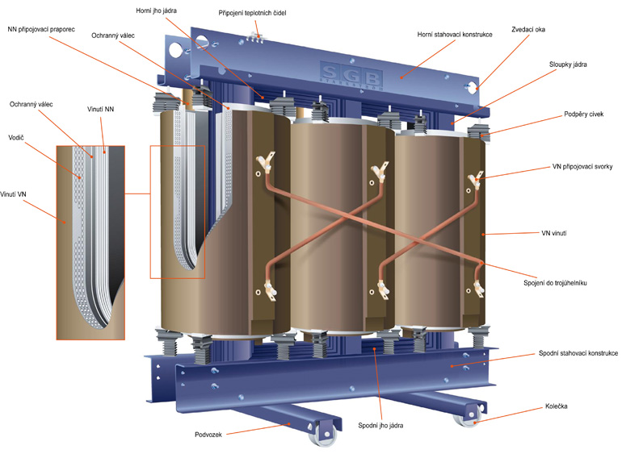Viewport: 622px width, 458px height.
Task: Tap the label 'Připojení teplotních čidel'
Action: pos(252,14)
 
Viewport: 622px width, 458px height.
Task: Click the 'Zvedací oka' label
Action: pos(529,29)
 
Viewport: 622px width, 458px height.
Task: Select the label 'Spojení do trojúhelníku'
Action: pos(565,283)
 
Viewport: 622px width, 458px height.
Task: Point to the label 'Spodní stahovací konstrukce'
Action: pos(578,354)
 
